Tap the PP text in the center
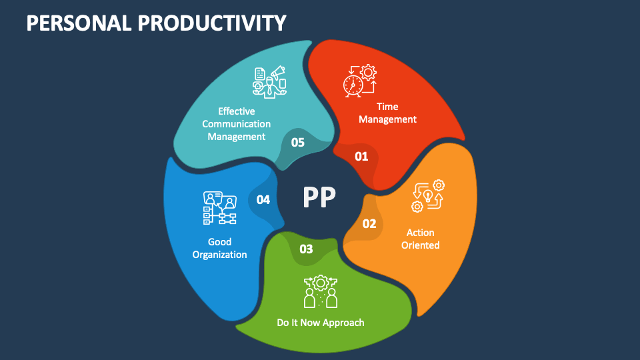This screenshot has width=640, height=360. (319, 197)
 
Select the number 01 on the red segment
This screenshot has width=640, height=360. (361, 157)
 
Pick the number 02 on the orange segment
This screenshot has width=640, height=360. (369, 223)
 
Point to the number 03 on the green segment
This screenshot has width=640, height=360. (306, 249)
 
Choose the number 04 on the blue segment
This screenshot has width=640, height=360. (263, 199)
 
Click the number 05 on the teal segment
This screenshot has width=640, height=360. (297, 142)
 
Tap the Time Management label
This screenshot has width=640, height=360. (387, 113)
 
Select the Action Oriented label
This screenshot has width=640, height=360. (420, 239)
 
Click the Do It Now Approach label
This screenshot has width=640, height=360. (321, 323)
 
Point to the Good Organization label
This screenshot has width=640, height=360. (219, 248)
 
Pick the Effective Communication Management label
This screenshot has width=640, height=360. (236, 124)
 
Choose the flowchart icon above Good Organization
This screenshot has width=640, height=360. (219, 207)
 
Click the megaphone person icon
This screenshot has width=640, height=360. (269, 82)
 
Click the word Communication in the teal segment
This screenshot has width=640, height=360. (236, 124)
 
